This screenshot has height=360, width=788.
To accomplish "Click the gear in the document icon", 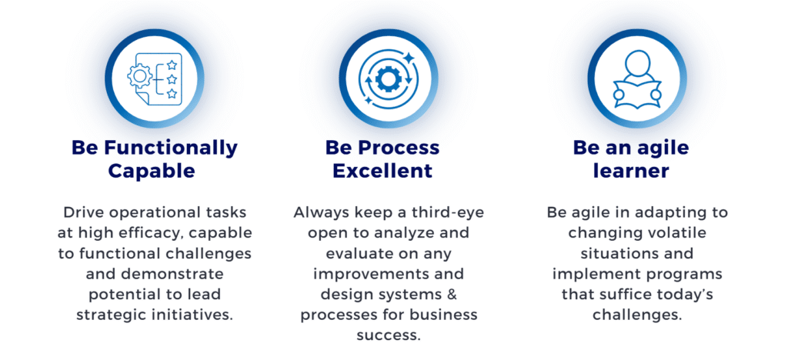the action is (140, 76).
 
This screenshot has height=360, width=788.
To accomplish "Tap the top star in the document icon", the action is (172, 65).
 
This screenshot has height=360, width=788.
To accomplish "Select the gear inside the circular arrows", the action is (387, 78).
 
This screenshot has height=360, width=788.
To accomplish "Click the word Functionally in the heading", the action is (171, 148).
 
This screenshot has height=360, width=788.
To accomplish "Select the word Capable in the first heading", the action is (152, 171).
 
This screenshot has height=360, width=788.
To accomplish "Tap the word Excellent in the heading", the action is (382, 171).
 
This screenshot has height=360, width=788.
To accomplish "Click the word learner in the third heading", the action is (631, 171).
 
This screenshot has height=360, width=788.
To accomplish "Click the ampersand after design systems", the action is (452, 294).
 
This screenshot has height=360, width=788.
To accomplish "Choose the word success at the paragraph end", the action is (389, 335).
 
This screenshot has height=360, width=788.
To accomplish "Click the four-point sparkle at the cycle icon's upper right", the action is (409, 58).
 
